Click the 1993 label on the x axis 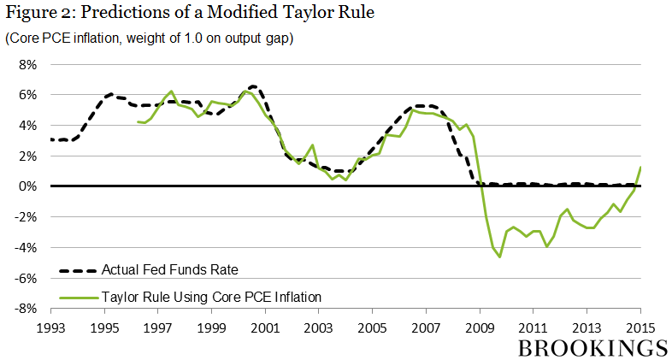[x=51, y=328]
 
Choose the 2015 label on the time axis [x=641, y=328]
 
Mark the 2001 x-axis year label [x=266, y=328]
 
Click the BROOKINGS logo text [x=591, y=347]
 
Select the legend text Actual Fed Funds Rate [x=169, y=271]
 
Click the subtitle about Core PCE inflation [x=150, y=39]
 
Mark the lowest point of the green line [x=500, y=257]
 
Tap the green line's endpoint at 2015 [x=641, y=167]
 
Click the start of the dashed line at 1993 [x=52, y=139]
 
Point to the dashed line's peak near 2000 [x=253, y=86]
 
